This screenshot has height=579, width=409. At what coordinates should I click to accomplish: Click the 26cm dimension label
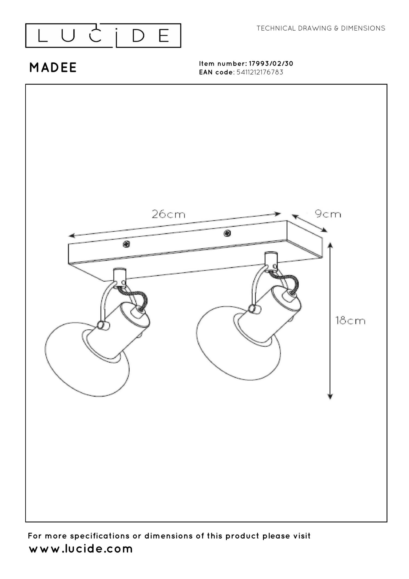click(169, 214)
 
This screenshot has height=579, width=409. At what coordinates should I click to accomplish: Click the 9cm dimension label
click(328, 214)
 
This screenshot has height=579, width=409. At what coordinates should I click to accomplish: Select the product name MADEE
click(53, 68)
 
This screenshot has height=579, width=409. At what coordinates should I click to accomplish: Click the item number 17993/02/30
click(271, 64)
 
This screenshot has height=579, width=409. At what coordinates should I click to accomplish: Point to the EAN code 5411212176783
click(260, 72)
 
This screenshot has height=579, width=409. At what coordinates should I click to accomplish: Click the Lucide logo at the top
click(103, 36)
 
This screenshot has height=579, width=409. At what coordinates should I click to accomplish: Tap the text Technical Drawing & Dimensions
click(321, 28)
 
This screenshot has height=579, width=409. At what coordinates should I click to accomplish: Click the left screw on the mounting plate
click(126, 244)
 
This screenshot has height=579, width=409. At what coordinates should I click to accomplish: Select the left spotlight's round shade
click(82, 363)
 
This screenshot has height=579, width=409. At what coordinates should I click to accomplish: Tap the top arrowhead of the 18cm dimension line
click(330, 245)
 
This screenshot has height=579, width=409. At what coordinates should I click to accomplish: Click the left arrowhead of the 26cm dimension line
click(71, 236)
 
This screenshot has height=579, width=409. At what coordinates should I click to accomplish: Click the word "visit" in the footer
click(302, 536)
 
